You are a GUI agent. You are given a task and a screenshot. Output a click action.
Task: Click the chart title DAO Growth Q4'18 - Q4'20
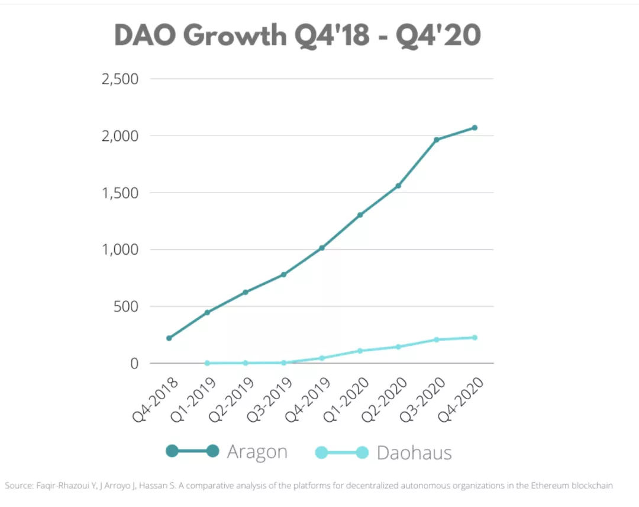coord(297,36)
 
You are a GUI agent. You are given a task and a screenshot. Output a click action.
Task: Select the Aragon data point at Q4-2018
coord(169,338)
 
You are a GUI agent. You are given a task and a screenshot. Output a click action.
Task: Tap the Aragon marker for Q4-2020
coord(475,127)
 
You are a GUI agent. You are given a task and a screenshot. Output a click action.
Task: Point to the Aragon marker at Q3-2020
coord(437,140)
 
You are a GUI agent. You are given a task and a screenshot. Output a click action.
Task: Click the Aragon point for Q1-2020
coord(360,215)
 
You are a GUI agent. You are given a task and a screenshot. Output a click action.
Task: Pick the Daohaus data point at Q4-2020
coord(475,338)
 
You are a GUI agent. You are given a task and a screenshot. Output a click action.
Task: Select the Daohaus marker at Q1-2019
coord(207,363)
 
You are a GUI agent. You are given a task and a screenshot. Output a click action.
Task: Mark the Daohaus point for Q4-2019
coord(322,358)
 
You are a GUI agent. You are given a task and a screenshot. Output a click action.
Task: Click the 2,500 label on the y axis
coord(120,79)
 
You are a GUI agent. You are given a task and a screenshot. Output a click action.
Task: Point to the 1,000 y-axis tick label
coord(120,250)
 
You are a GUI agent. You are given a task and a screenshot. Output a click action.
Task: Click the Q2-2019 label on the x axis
coord(228,400)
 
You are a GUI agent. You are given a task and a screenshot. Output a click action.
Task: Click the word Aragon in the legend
coord(257,452)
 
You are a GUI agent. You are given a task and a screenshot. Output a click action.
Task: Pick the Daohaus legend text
coord(414,453)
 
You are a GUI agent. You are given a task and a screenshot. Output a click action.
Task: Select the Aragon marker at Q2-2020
coord(398,186)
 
